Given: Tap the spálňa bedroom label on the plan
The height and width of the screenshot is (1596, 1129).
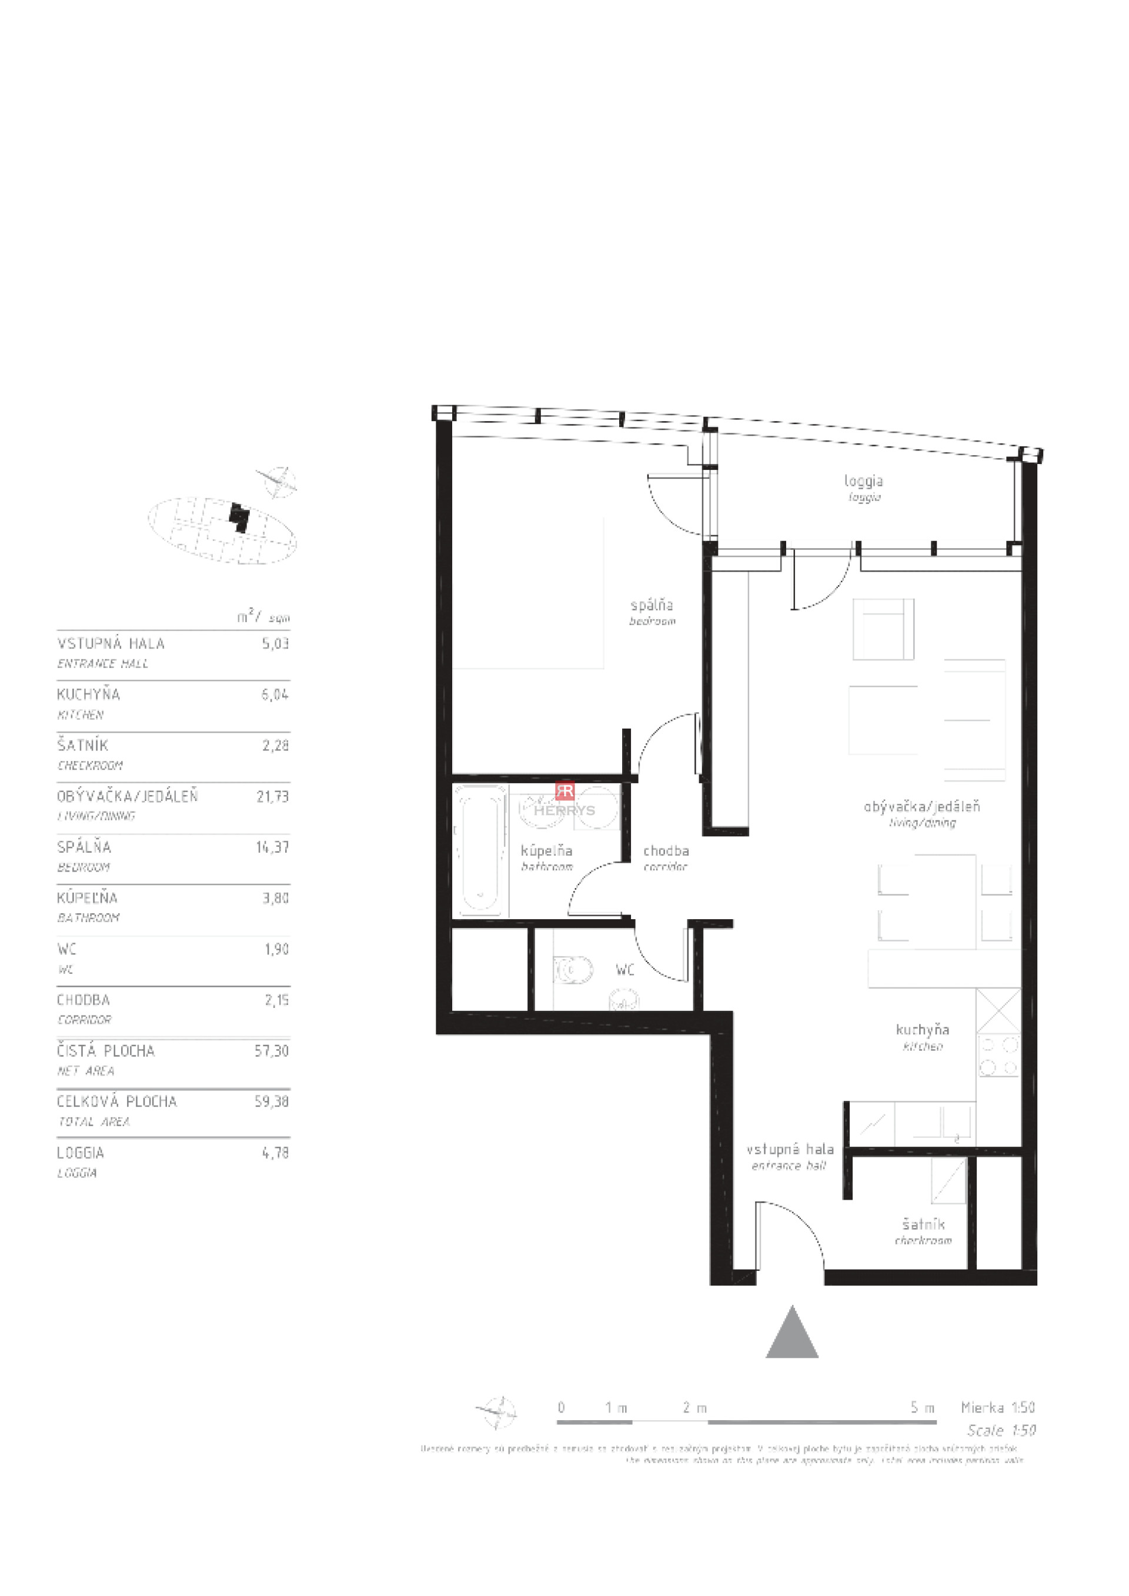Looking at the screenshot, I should point(652,611).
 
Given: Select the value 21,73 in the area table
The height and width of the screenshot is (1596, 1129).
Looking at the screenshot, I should point(272,796).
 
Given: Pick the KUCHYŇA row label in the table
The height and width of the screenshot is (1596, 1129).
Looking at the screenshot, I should point(88,694).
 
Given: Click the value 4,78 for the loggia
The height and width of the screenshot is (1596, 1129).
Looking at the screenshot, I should point(275,1153).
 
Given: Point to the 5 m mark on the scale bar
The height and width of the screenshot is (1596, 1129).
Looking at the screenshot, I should point(923,1408).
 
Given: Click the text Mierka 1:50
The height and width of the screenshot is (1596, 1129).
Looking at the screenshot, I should point(998,1408).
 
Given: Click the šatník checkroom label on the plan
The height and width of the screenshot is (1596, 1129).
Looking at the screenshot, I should point(923,1230).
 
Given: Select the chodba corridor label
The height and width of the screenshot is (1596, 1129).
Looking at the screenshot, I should point(666,856).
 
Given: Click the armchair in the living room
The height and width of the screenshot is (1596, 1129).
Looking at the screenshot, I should point(883,629).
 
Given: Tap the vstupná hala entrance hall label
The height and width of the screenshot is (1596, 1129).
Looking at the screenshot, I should point(790,1156).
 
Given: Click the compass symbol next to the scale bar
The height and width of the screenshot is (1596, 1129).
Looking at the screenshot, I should point(497,1412).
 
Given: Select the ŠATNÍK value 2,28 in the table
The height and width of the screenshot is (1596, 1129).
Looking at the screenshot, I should point(275,745).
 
